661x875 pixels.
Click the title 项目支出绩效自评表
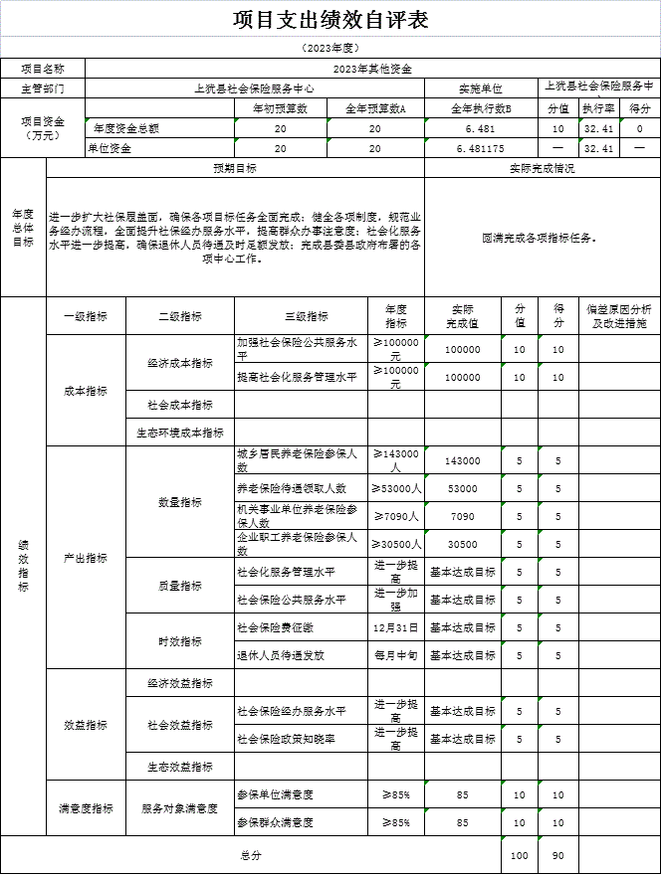pos(330,20)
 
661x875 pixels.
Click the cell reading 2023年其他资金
pos(372,69)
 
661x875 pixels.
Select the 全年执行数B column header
pos(481,108)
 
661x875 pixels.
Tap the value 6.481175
pos(481,148)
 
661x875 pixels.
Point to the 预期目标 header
pos(235,168)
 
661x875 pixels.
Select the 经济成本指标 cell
pos(180,363)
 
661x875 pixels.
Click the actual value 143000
pos(463,460)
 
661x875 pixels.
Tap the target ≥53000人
pos(396,488)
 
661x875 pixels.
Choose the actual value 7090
pos(463,516)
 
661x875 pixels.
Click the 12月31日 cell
pos(396,627)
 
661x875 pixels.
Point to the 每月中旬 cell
pos(396,655)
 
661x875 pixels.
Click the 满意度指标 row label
pos(87,808)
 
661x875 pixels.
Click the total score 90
pos(558,855)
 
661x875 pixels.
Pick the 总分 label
pos(250,855)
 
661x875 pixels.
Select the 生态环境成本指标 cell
pos(180,433)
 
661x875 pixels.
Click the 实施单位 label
pos(481,88)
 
